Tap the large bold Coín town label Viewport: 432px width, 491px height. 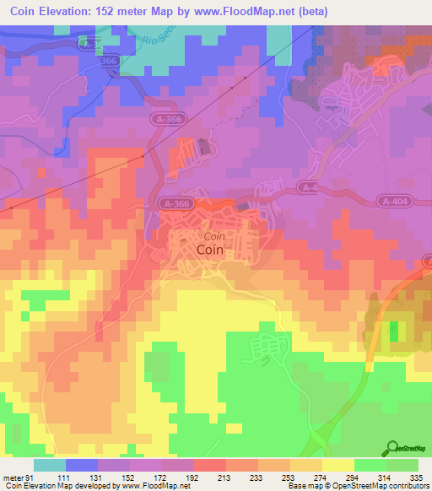210,250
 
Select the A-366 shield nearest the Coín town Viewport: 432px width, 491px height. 175,203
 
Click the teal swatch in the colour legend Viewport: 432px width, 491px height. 50,465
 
